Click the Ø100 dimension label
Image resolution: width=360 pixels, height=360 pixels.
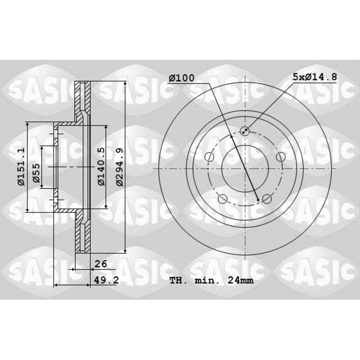tap(181, 78)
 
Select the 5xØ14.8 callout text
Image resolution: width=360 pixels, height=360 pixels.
tap(315, 76)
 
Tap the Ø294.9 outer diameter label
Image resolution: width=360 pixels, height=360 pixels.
tap(120, 167)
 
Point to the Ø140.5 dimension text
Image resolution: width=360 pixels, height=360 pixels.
tap(101, 166)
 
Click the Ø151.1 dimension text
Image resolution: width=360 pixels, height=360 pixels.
tap(21, 166)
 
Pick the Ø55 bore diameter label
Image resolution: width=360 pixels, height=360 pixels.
tap(36, 173)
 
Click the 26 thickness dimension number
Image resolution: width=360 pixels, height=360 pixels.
tap(101, 264)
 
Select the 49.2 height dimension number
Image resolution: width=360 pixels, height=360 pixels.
tap(107, 280)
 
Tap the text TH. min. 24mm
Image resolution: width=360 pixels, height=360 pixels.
tap(211, 280)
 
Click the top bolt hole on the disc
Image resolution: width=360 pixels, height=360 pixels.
tap(245, 131)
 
